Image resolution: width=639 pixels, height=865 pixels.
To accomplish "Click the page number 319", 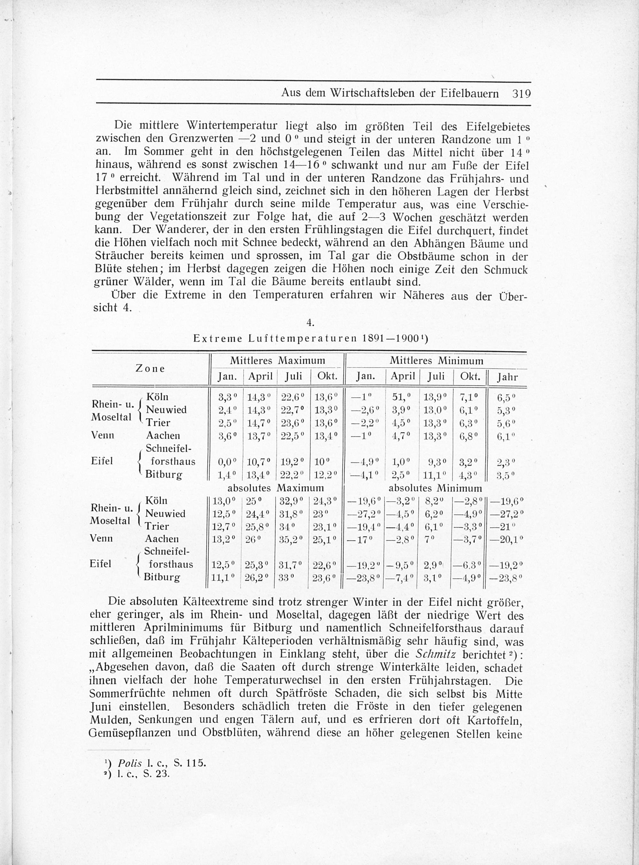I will coord(521,94).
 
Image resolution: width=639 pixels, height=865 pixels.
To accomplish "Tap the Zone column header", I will coord(150,369).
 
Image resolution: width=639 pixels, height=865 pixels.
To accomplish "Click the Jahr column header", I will coord(507,377).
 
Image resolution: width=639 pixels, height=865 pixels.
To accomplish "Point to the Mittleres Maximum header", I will coord(277,361).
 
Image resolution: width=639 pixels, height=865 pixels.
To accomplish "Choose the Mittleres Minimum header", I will coord(436,361).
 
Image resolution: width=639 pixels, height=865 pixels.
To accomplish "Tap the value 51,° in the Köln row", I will coord(401,397).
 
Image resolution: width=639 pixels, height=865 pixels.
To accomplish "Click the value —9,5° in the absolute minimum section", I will coord(402,565).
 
